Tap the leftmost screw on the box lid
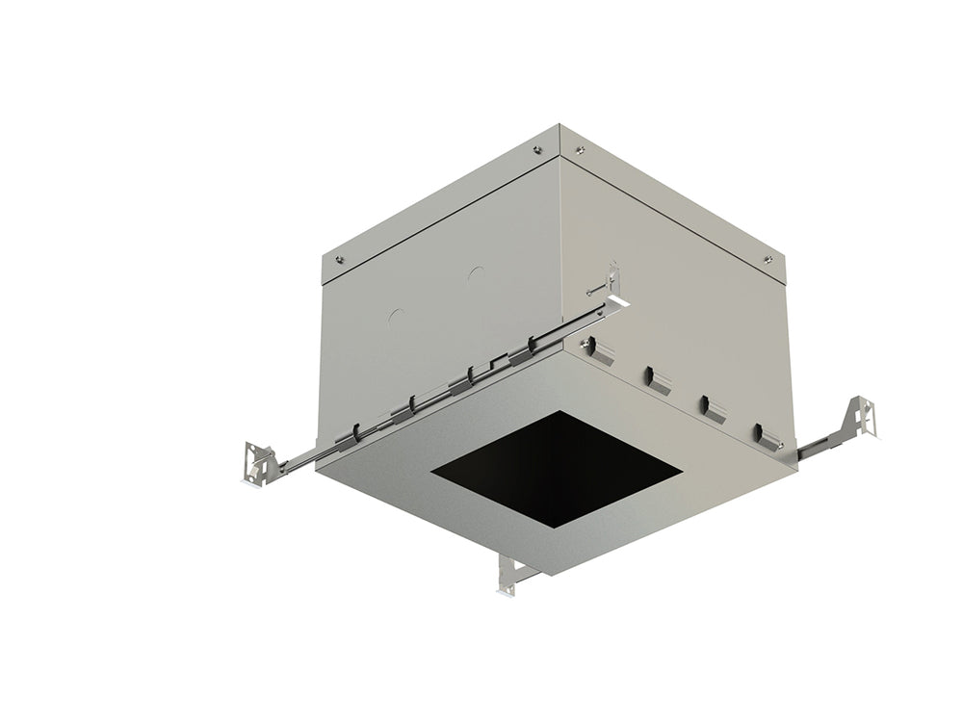tap(339, 258)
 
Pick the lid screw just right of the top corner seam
tap(579, 149)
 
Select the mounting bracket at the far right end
tap(863, 416)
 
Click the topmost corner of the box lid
tap(560, 124)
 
